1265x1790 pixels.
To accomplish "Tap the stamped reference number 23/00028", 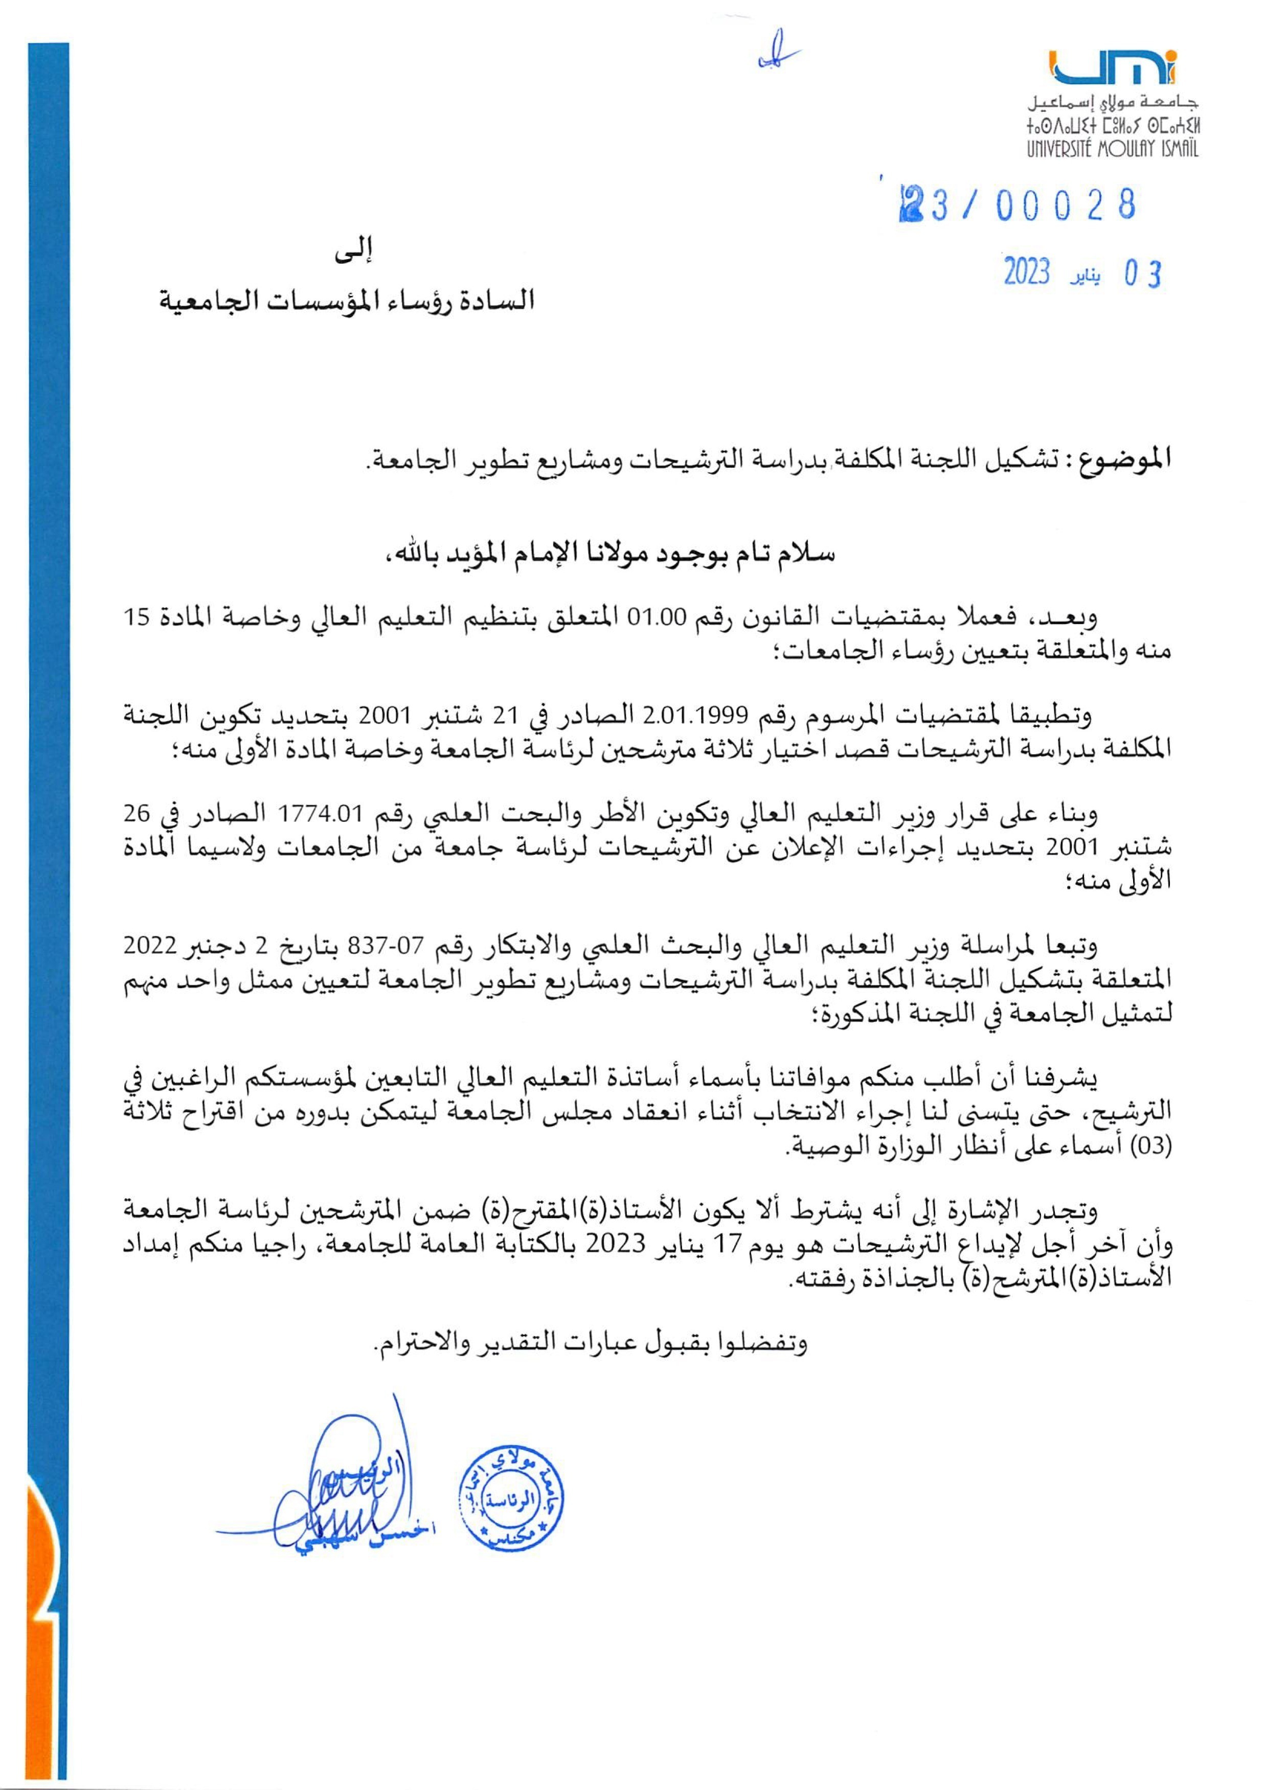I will [x=1017, y=205].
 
